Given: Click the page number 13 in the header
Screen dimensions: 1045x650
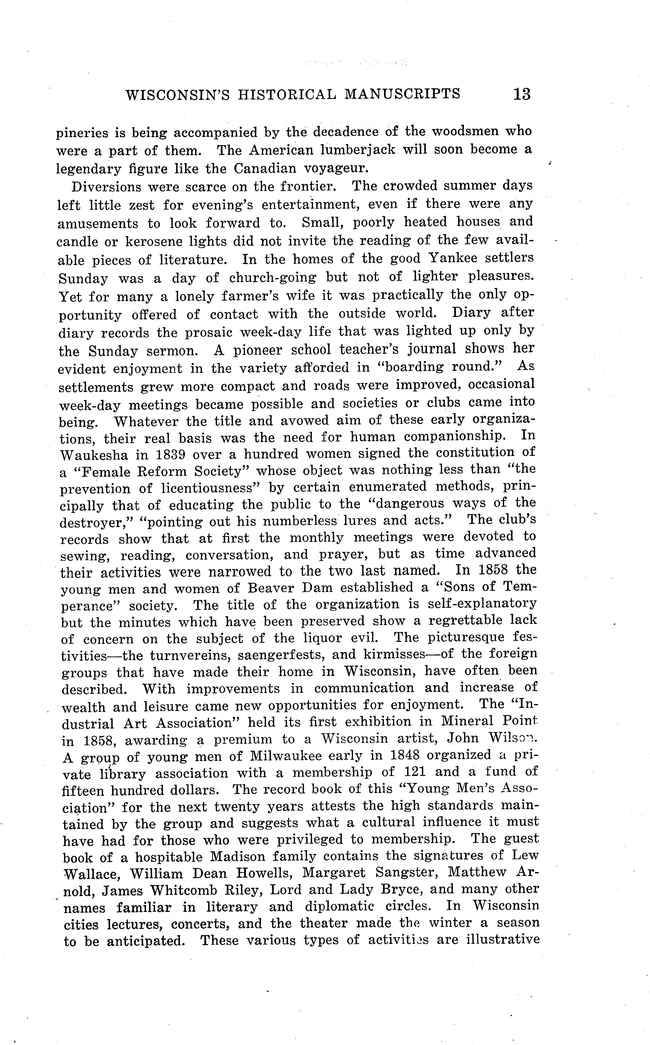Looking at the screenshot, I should coord(522,94).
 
